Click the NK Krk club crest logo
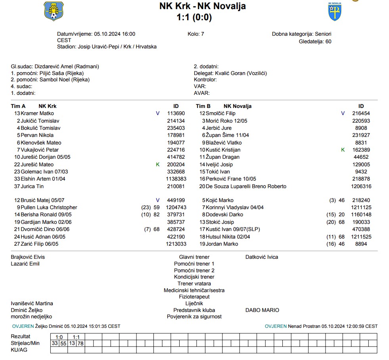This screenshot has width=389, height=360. [x=54, y=11]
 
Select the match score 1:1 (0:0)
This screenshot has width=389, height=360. [x=194, y=17]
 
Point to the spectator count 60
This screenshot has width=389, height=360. [x=328, y=41]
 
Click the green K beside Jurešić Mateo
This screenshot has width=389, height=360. [x=158, y=164]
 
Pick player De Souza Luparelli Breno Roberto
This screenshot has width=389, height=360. [x=246, y=186]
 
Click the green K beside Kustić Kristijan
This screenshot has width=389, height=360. [x=343, y=150]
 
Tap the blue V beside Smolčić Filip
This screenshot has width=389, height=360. [x=343, y=114]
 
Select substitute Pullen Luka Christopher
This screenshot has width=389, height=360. [x=49, y=208]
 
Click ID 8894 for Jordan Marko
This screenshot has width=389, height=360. [x=360, y=244]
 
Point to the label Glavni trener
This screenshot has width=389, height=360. [x=194, y=257]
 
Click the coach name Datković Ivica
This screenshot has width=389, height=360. [x=262, y=257]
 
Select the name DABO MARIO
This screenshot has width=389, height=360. [x=262, y=310]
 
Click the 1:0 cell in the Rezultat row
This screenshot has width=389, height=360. [x=59, y=337]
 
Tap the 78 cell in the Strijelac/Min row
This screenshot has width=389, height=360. [x=81, y=343]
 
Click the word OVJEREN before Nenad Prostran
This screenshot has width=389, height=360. [x=276, y=326]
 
